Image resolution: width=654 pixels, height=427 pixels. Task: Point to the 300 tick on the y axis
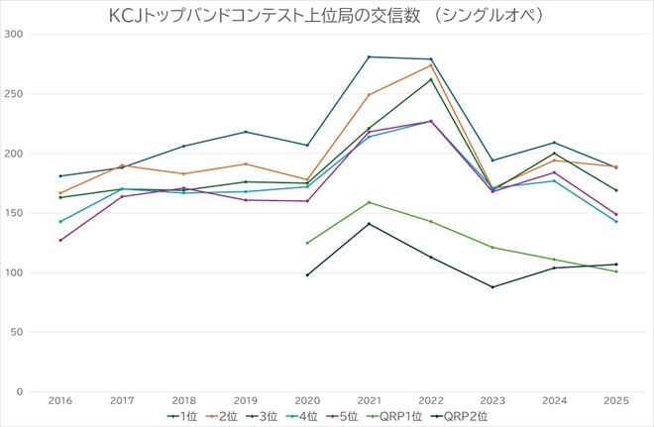pos(14,35)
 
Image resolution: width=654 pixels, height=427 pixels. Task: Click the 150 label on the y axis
pos(14,213)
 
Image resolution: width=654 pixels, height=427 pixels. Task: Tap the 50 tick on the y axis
pos(17,332)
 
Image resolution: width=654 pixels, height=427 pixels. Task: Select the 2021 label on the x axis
pos(369,400)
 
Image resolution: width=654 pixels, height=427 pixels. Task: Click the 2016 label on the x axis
pos(59,400)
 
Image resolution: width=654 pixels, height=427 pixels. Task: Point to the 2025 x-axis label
pos(615,400)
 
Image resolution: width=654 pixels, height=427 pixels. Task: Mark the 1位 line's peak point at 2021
pos(369,56)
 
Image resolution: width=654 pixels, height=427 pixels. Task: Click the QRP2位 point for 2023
pos(492,287)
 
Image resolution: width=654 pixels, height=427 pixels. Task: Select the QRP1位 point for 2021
pos(369,202)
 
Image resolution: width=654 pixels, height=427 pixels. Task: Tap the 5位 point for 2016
pos(59,241)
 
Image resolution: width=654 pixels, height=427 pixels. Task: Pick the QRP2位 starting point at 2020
pos(307,275)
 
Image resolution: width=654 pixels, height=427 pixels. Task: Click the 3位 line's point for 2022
pos(430,79)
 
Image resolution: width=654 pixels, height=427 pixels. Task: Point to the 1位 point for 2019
pos(246,132)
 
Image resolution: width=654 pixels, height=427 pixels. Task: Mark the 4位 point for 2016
pos(59,221)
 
